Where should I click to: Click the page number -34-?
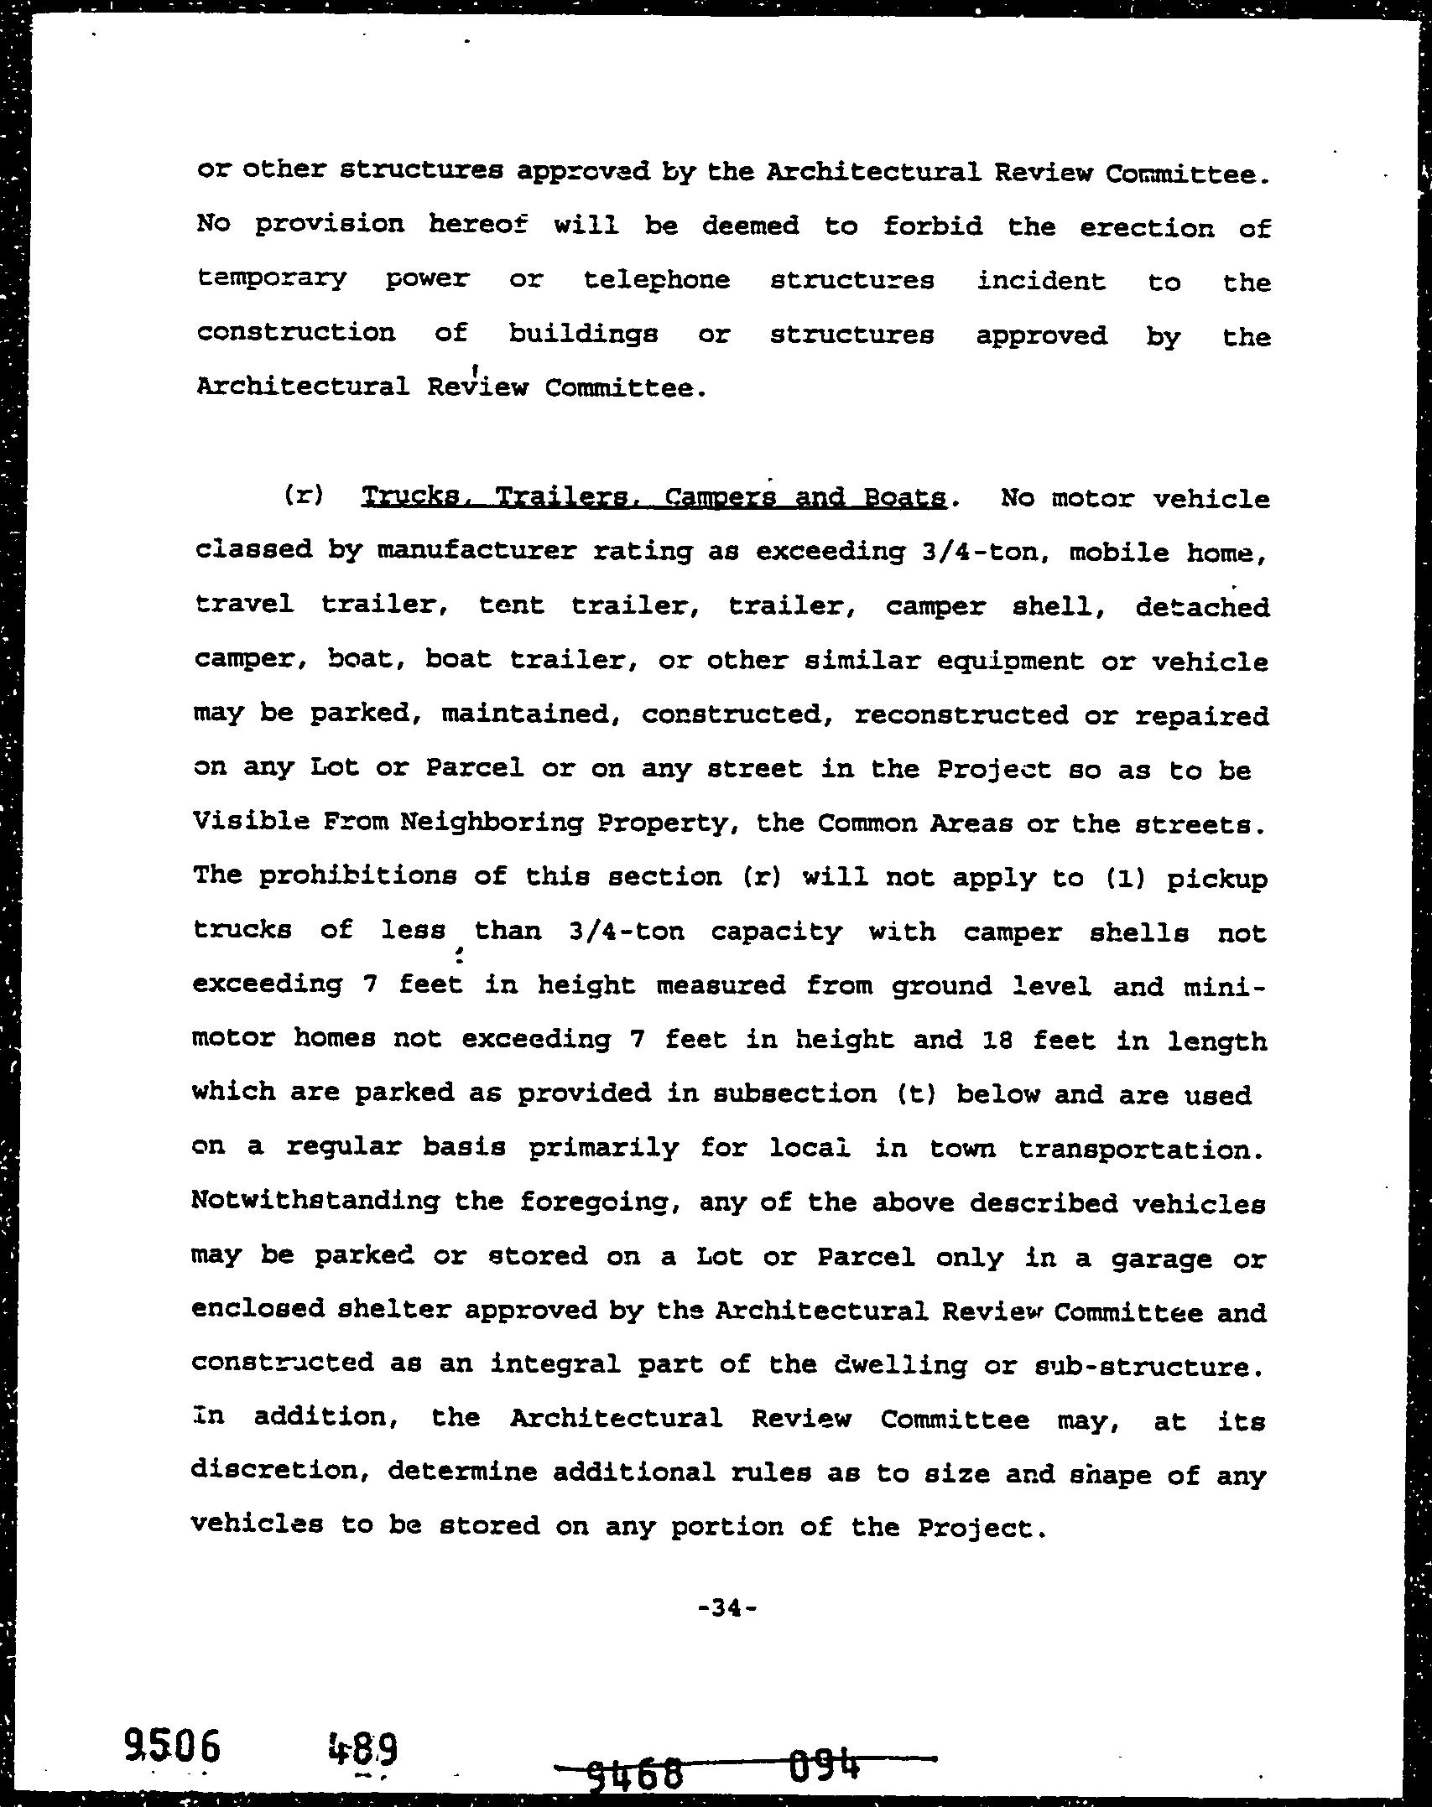click(727, 1607)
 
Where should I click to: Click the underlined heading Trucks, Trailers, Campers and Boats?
click(654, 498)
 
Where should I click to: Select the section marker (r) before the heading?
click(303, 496)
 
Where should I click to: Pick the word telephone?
click(657, 279)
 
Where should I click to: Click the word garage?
click(1161, 1258)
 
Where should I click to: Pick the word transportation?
click(1141, 1148)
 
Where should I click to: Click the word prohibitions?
click(357, 875)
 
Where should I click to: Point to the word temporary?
click(271, 278)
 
